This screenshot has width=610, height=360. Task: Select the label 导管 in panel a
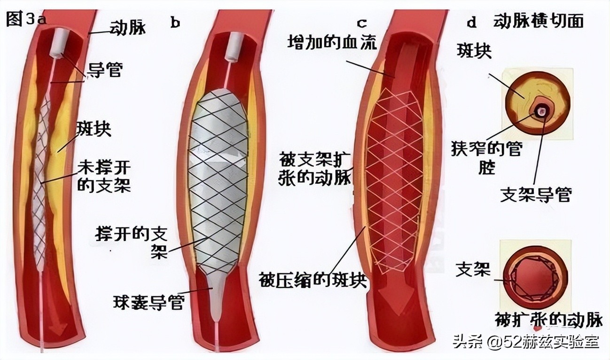point(104,71)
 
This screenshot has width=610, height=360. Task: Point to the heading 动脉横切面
point(539,21)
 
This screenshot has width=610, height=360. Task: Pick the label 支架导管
point(535,195)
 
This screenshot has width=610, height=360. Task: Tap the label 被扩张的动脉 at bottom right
point(548,319)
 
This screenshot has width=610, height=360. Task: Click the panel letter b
point(176,23)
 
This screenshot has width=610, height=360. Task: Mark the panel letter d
point(471,22)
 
